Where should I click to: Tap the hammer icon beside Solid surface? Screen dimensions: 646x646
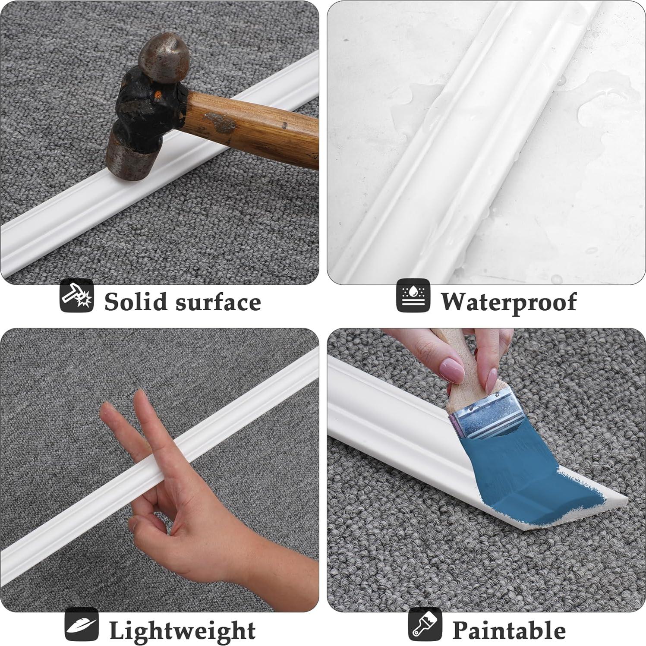(76, 296)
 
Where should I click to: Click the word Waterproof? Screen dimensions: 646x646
(508, 302)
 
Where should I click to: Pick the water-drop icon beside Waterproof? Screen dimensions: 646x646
(413, 296)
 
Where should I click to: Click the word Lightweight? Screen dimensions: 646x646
(182, 630)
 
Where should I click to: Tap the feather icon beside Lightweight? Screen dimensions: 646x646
(82, 624)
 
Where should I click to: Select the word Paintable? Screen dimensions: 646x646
(508, 630)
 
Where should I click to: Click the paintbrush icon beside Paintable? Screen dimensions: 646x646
(425, 624)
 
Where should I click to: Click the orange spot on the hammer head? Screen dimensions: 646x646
(158, 93)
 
